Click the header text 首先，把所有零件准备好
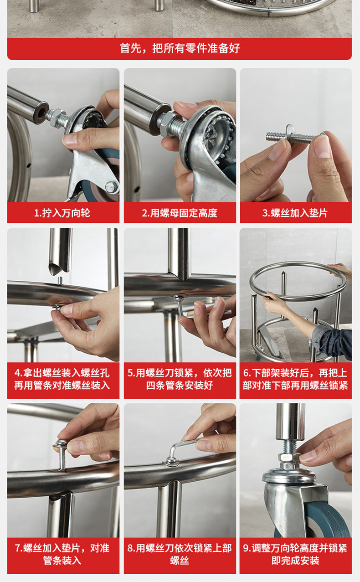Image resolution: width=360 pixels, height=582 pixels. coord(180,48)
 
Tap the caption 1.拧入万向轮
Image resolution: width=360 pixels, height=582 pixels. coord(62,213)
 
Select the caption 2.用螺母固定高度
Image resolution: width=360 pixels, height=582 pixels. coord(180,213)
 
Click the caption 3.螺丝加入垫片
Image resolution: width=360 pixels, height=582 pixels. coord(295,213)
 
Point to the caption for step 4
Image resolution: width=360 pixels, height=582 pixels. coord(62,379)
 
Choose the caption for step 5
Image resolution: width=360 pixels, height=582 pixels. coord(180,379)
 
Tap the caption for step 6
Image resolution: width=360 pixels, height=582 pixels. coord(295,379)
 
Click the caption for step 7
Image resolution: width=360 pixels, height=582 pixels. coord(62,554)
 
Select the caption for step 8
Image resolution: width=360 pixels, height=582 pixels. coord(180,554)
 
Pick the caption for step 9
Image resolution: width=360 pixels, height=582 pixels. coord(295,554)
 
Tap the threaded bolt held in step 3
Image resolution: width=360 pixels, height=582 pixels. coord(293,137)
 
